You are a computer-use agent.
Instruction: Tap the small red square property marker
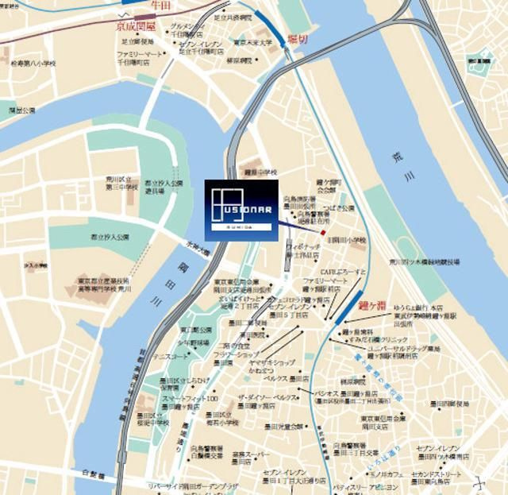pos(323,232)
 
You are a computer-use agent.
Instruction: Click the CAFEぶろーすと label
pos(343,272)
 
